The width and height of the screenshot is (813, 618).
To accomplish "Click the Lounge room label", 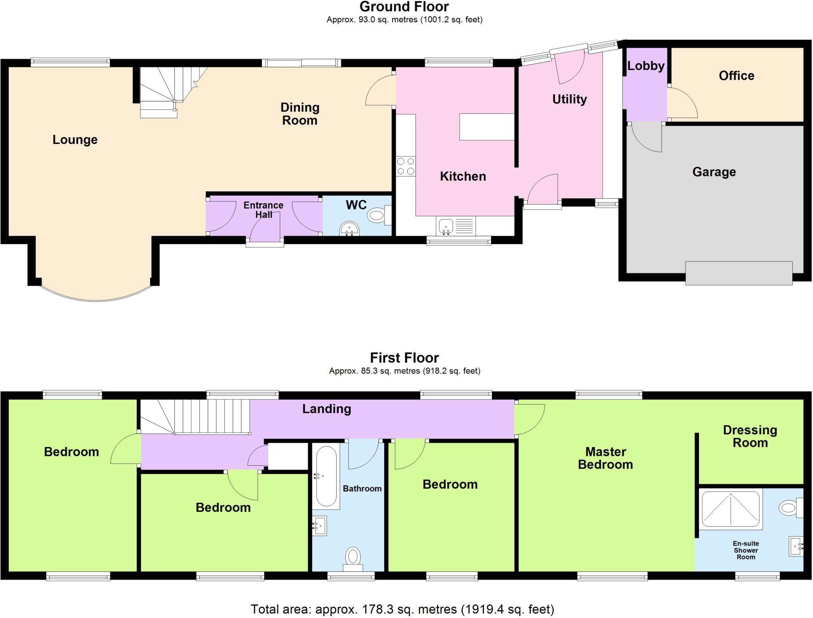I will tap(75, 140).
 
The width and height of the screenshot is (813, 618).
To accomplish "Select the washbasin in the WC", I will tap(349, 229).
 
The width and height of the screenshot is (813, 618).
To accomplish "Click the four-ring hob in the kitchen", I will tap(406, 166).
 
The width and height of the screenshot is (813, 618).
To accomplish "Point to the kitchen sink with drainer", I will tap(455, 226).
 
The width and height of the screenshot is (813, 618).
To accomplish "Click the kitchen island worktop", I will tap(487, 127).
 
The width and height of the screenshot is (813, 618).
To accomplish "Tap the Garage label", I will tap(714, 172).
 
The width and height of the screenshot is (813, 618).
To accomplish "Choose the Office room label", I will tap(736, 76).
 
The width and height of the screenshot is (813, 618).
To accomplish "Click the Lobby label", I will tap(645, 66).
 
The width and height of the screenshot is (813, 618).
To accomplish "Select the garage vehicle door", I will tap(738, 273).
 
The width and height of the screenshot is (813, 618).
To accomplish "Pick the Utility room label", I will tap(569, 99).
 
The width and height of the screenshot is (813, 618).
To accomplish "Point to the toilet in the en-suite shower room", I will tap(789, 508).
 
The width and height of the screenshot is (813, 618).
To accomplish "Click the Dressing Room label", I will tap(749, 436).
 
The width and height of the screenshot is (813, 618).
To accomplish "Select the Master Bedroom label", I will tap(605, 458).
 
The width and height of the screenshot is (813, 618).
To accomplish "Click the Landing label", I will tap(326, 409).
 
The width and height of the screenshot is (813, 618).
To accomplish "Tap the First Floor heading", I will tap(404, 358).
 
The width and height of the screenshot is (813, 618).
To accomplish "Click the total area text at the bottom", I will tap(402, 609).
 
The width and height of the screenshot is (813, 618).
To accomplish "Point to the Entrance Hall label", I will tap(263, 210).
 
